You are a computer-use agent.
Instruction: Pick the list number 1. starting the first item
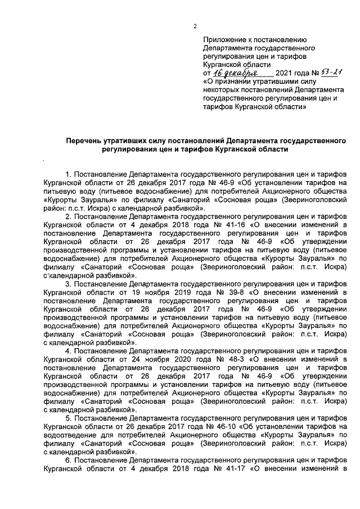(x=69, y=175)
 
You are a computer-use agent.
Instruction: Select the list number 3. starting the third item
(x=69, y=285)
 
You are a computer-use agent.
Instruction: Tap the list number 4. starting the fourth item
(x=69, y=351)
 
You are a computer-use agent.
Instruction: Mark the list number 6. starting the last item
(x=69, y=460)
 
